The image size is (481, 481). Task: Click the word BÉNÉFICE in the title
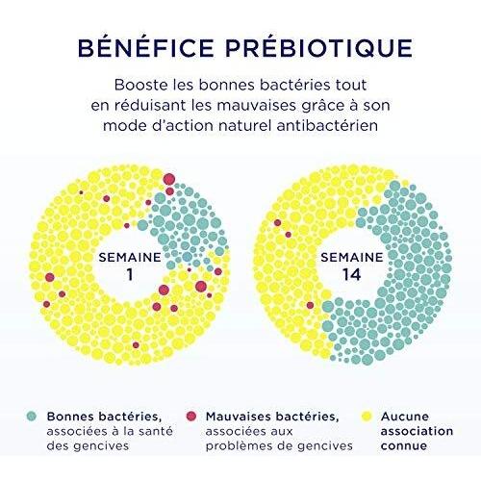[x=146, y=47]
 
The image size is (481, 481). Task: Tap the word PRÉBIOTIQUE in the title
[x=318, y=47]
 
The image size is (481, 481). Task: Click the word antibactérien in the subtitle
[x=327, y=125]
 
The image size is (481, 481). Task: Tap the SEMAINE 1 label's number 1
[x=130, y=275]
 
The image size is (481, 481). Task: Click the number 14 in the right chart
[x=352, y=275]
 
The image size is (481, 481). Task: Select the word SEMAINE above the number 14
[x=352, y=257]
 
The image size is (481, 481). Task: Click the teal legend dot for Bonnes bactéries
[x=32, y=417]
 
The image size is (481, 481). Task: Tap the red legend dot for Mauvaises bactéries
[x=191, y=417]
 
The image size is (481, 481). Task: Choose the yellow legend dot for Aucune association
[x=367, y=417]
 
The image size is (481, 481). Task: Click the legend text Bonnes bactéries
[x=104, y=417]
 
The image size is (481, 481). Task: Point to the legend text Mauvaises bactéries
[x=272, y=417]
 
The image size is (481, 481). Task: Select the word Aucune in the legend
[x=405, y=417]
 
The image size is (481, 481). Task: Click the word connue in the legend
[x=404, y=445]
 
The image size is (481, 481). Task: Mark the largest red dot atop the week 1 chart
[x=169, y=179]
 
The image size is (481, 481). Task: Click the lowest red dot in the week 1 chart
[x=136, y=345]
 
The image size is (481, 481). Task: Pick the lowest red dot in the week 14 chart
[x=310, y=305]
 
